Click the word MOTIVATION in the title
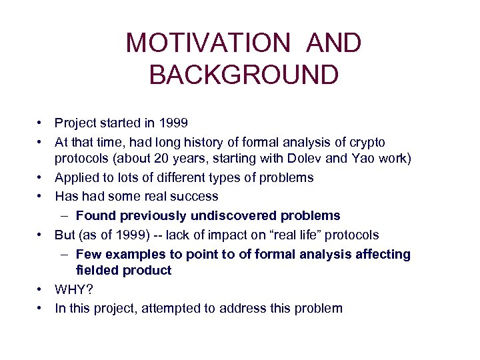click(208, 44)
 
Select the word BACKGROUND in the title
click(244, 75)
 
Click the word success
click(196, 197)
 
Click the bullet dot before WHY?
click(41, 290)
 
